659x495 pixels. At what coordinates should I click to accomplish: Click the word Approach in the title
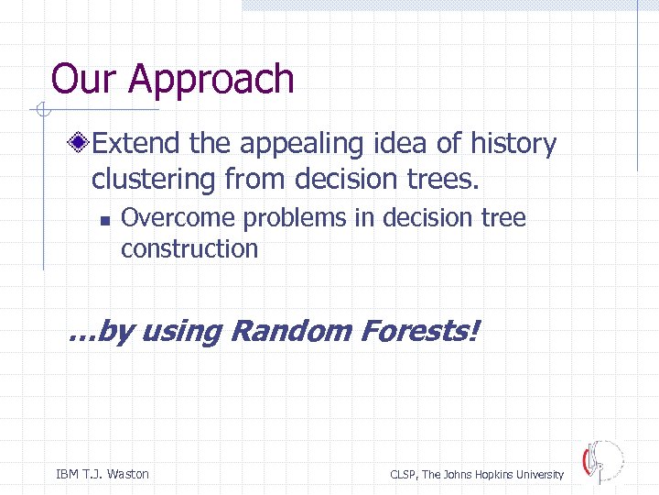[x=211, y=80]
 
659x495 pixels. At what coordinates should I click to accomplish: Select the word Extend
[x=139, y=144]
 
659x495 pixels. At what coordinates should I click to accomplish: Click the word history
[x=513, y=144]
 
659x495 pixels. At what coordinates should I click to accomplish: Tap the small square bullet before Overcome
[x=105, y=220]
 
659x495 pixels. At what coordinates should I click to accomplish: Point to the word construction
[x=189, y=248]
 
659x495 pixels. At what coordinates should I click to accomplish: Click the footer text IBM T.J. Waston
[x=103, y=474]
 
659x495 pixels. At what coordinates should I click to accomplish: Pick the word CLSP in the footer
[x=404, y=475]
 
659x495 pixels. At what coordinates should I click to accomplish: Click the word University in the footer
[x=539, y=475]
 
